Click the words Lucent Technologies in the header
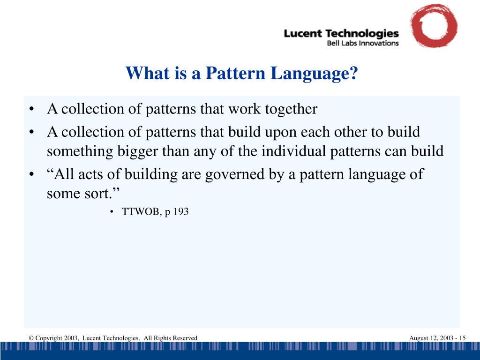pyautogui.click(x=341, y=34)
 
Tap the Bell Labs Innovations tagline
pyautogui.click(x=362, y=43)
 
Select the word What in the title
pyautogui.click(x=145, y=73)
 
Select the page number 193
pyautogui.click(x=181, y=212)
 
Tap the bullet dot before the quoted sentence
pyautogui.click(x=31, y=175)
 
